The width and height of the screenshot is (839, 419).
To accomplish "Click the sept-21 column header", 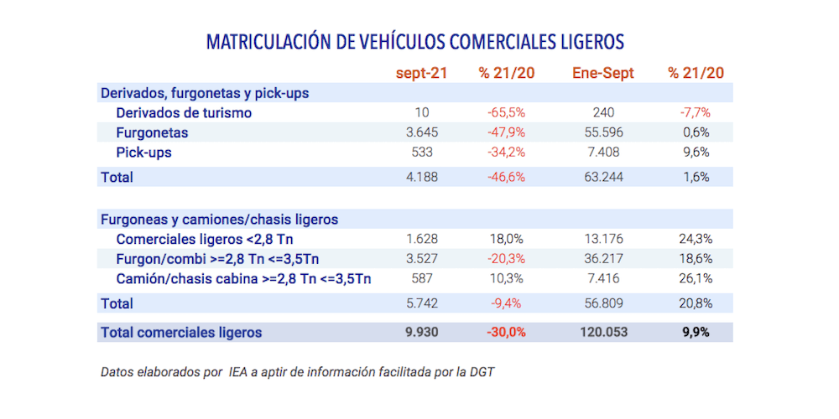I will (x=421, y=73).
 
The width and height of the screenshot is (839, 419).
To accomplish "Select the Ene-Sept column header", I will (x=602, y=73).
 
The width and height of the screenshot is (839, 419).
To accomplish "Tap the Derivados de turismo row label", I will (x=184, y=112).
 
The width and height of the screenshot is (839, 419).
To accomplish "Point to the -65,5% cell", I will (x=507, y=112).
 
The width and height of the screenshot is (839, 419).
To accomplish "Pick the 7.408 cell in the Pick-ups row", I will (x=602, y=153).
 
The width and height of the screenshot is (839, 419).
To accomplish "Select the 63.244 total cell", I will (x=602, y=177).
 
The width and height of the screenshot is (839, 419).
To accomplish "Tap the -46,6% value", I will (x=507, y=177).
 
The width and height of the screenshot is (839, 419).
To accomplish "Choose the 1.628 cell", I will (x=421, y=239).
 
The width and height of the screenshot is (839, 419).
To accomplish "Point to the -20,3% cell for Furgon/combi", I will (x=507, y=259).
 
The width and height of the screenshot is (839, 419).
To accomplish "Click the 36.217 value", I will (x=602, y=259).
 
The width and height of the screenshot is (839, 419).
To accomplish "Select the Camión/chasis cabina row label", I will (x=243, y=279).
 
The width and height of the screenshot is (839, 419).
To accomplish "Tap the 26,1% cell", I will (x=696, y=279).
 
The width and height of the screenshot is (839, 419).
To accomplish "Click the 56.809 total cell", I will (x=602, y=303).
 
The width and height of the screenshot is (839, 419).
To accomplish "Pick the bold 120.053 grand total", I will (x=602, y=332).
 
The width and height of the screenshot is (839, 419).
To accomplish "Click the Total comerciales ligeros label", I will (x=180, y=332).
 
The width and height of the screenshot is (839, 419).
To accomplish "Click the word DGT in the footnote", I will (x=481, y=371).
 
